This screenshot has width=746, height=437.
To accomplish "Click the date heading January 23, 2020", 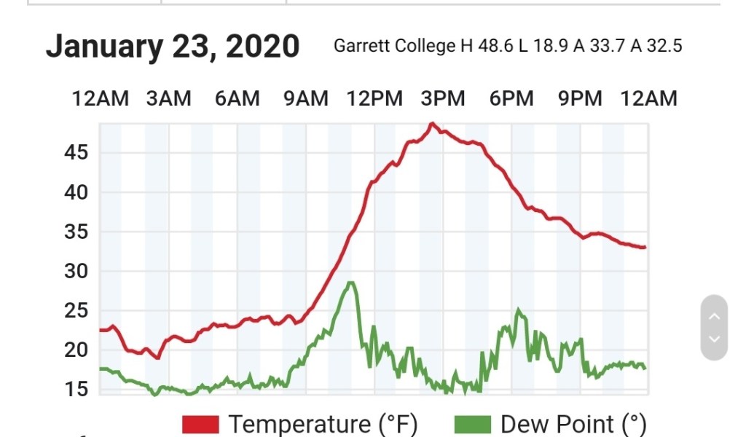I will [x=173, y=46].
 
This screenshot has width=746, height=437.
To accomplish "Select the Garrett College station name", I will [x=394, y=46].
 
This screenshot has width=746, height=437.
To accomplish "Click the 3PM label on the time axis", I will [x=443, y=98].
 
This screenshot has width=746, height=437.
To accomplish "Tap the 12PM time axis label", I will [x=374, y=98].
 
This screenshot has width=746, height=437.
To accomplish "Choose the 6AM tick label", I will [x=237, y=98].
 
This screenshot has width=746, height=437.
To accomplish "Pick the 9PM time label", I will [x=580, y=98].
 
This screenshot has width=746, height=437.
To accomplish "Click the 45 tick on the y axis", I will [x=75, y=153].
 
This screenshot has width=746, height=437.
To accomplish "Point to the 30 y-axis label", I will [x=75, y=271].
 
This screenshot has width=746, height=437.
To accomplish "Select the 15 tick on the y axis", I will [x=75, y=389].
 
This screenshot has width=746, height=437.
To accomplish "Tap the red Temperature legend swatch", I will [x=200, y=424].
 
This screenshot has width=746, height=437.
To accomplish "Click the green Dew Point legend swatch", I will [x=473, y=424].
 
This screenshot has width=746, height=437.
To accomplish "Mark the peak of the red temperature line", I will [x=432, y=124].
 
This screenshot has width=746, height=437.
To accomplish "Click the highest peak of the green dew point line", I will [x=351, y=283].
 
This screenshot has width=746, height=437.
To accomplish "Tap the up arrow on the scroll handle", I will [x=714, y=316].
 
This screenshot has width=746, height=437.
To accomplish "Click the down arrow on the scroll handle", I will [x=714, y=339].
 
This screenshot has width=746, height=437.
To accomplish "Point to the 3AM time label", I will [x=168, y=98].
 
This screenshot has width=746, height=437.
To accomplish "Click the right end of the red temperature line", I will [x=645, y=248].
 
